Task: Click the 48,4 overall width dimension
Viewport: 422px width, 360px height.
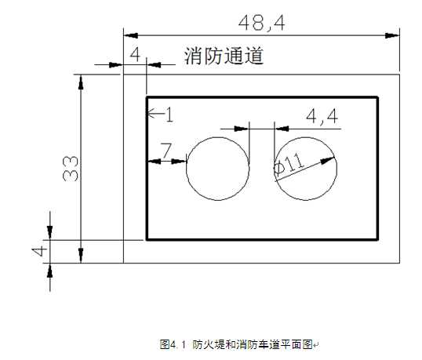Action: click(x=261, y=23)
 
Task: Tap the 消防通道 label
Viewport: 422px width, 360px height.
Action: click(x=224, y=56)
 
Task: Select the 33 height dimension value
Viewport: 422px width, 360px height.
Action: click(x=71, y=169)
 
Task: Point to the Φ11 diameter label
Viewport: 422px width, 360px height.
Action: click(x=289, y=163)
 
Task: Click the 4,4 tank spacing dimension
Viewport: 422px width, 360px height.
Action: click(x=322, y=117)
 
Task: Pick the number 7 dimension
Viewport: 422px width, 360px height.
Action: click(x=166, y=151)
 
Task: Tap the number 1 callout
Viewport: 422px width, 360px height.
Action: click(x=169, y=115)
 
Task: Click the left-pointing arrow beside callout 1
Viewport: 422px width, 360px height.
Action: click(x=156, y=114)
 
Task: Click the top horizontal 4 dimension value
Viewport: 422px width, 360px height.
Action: click(x=135, y=54)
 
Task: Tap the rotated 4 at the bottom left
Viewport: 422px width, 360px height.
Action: click(x=39, y=251)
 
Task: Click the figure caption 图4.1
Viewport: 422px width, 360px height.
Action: click(x=173, y=344)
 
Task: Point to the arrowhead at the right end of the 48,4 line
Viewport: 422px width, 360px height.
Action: click(x=392, y=35)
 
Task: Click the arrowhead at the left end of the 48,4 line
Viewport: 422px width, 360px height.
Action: click(x=131, y=35)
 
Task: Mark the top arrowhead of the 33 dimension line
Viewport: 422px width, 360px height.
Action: click(x=81, y=82)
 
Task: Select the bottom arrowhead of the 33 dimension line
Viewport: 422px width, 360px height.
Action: click(x=81, y=256)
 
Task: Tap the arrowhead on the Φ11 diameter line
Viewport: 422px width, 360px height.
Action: click(x=328, y=160)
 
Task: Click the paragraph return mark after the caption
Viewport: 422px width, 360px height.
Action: click(x=316, y=344)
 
